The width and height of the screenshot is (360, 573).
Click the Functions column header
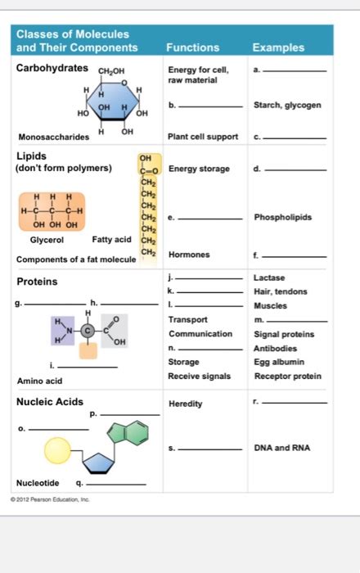pos(192,47)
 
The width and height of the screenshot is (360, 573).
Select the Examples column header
pos(278,47)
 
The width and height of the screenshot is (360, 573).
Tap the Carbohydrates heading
pos(52,67)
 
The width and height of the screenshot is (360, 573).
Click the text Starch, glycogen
pos(287,105)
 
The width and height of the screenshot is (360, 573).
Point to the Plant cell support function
pos(203,137)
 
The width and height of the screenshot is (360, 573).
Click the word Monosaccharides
pos(54,137)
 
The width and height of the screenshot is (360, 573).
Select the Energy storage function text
pos(200,169)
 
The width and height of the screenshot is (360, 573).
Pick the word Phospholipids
pos(283,218)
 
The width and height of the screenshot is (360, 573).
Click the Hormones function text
pos(189,255)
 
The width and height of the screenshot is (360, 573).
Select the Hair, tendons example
pos(281,291)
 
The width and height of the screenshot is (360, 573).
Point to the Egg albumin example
pos(278,362)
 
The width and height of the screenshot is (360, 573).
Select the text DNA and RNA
pos(282,448)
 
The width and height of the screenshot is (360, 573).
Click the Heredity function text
pos(186,404)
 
